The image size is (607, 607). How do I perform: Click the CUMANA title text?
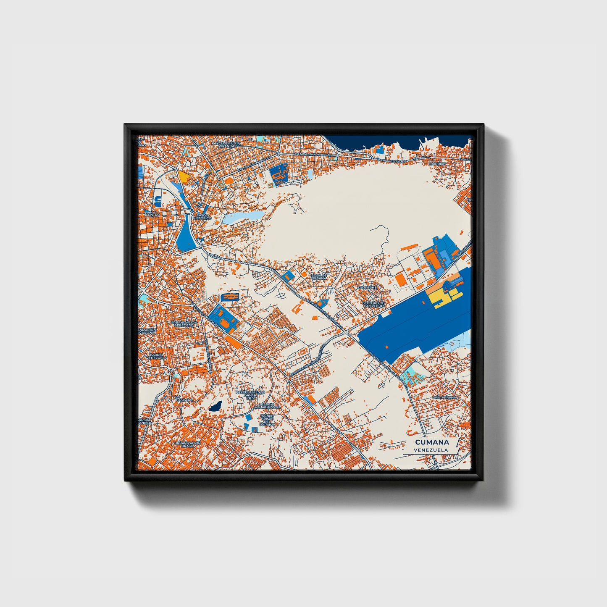coord(431,442)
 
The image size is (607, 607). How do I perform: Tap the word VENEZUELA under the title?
coord(430,450)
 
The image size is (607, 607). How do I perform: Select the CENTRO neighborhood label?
coord(152,215)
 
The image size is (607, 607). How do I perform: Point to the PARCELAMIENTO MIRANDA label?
coord(227,145)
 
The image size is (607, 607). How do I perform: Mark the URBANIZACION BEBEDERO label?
coord(183,324)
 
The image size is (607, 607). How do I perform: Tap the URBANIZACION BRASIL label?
coord(187,445)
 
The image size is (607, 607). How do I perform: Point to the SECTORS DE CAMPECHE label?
coord(373,304)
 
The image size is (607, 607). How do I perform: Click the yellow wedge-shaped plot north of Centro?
coord(184,176)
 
